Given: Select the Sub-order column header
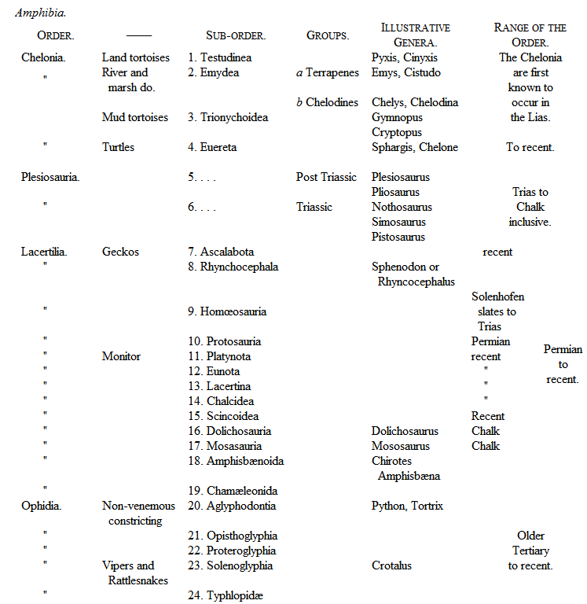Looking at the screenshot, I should pos(236,35).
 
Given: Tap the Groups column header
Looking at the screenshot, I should pos(328,35).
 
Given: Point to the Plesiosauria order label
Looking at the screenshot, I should pos(50,177).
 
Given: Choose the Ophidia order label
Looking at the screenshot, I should pos(43,506).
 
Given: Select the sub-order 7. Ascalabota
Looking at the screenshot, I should pos(221,252).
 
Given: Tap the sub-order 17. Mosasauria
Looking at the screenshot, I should pos(229,446).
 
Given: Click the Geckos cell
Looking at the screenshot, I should pos(120,252).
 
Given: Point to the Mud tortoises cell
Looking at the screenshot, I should pos(134,117).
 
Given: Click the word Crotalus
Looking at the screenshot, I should pos(391,565).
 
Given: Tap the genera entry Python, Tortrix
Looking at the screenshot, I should pos(407,506).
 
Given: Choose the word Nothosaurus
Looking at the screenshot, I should pos(402,207).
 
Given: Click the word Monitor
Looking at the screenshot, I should pos(121,356).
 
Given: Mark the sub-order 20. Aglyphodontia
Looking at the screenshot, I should pos(231,506).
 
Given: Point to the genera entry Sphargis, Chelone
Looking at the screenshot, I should pos(414,147).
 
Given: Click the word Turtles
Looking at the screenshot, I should pos(118,147).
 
